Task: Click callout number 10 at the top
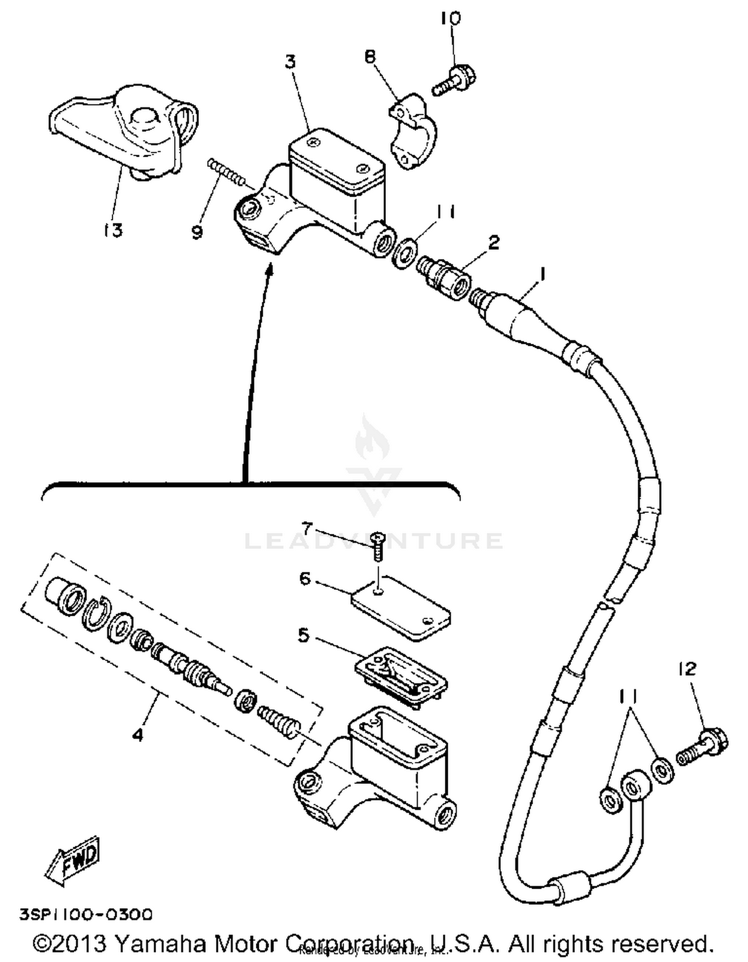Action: coord(451,18)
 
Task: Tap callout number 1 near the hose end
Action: coord(543,274)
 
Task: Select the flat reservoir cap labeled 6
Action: coord(401,607)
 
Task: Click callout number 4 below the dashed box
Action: coord(138,734)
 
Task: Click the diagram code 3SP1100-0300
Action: coord(86,915)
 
